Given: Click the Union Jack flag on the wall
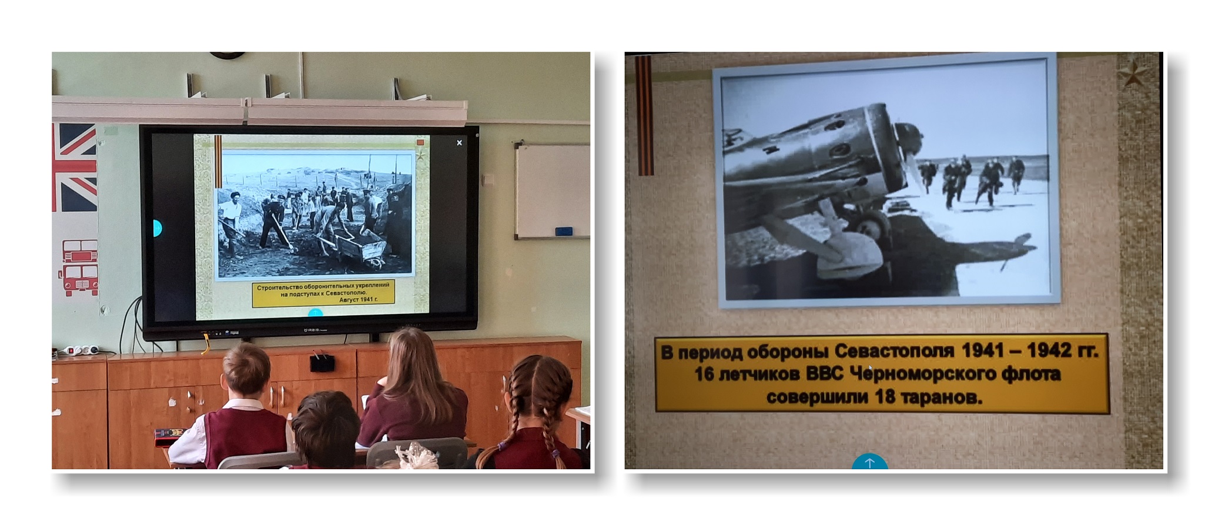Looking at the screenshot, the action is pyautogui.click(x=74, y=167).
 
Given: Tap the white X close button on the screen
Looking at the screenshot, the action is pyautogui.click(x=459, y=142).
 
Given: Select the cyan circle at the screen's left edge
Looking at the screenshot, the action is pyautogui.click(x=156, y=228).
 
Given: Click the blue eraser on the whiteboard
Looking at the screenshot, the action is pyautogui.click(x=563, y=231).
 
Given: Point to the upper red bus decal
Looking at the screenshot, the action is pyautogui.click(x=80, y=251).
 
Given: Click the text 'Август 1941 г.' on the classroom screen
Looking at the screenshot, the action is pyautogui.click(x=358, y=299).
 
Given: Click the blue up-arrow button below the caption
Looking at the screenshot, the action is pyautogui.click(x=870, y=462).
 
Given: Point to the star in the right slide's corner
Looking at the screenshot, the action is pyautogui.click(x=1133, y=75).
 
